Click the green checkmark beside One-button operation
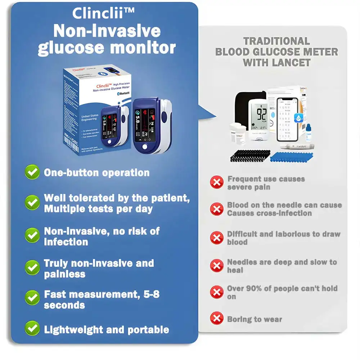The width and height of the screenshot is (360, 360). point(32,172)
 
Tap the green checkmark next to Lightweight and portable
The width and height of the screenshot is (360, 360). point(32,328)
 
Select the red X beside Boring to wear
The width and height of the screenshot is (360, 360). point(216,318)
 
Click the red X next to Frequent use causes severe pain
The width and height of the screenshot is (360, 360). point(216,182)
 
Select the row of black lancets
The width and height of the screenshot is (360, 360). point(250,156)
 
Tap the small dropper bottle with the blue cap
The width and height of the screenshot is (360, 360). point(309,133)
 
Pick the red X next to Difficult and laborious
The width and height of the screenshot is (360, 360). point(216,238)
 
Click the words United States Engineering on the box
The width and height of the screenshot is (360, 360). point(89,118)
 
